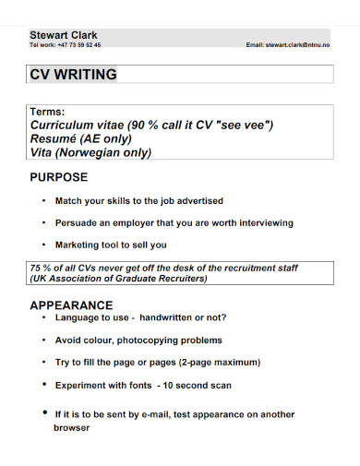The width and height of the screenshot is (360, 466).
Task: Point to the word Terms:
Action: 48,112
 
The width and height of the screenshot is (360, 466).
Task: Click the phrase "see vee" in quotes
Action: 243,125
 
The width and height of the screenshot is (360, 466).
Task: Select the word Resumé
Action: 56,138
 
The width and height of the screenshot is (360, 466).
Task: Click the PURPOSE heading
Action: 59,176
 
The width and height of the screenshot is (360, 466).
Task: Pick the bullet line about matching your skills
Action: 138,200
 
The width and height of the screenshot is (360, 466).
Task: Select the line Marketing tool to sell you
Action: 111,245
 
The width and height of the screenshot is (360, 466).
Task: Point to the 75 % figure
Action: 41,267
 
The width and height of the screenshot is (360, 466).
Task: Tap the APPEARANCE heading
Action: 71,305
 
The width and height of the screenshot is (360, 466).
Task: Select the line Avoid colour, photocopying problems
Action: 138,339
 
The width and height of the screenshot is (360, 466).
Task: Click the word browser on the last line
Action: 72,428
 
